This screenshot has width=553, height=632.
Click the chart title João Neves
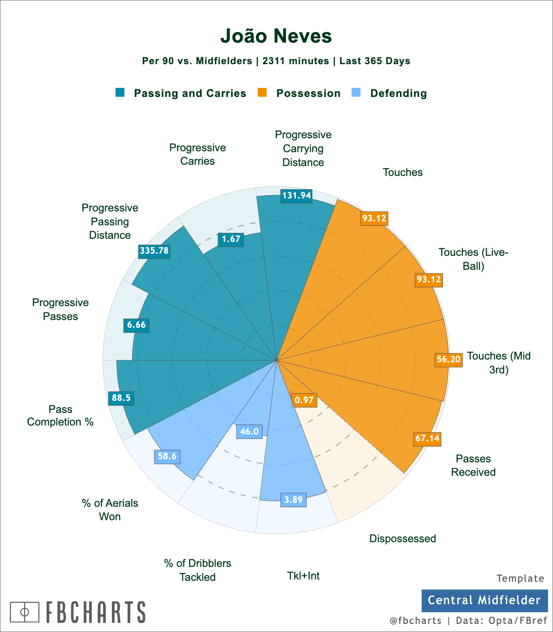point(276,36)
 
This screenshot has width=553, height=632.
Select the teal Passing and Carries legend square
point(120,92)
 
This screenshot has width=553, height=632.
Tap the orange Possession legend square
point(262,92)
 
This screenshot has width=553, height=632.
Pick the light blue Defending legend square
point(355,92)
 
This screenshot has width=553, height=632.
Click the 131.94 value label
point(296,196)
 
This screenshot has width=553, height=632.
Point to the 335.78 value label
point(154,250)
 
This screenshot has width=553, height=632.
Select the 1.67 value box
point(231,239)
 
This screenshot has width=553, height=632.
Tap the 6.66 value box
point(136,325)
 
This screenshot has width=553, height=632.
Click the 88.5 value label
point(121,398)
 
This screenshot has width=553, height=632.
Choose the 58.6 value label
point(167,456)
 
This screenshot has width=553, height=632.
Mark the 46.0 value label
point(249,432)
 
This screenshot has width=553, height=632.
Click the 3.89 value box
point(294,500)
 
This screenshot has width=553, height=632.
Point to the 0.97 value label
point(304,400)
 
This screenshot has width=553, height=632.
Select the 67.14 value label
point(427,438)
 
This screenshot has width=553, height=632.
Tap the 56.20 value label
point(448,360)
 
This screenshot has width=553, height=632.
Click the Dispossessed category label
point(403,539)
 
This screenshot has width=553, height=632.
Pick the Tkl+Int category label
point(303,576)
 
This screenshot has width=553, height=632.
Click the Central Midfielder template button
point(484,601)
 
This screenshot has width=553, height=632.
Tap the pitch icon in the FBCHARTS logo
point(25,612)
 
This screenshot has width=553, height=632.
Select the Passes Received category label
point(473,465)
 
